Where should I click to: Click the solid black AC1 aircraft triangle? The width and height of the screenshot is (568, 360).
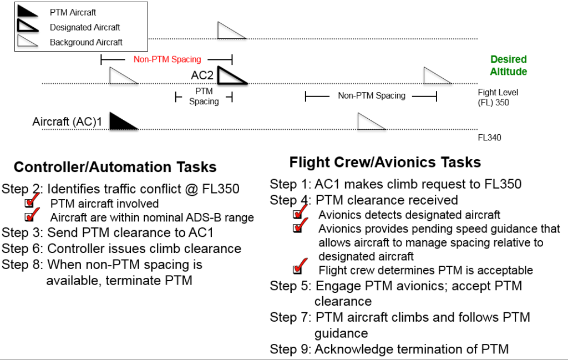tap(121, 121)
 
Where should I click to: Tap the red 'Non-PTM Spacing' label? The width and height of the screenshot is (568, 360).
tap(167, 59)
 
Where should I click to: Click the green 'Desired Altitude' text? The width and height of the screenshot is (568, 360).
tap(508, 65)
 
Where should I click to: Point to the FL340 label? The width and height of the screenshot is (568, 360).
tap(489, 137)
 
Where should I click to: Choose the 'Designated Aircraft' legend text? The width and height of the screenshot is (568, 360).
tap(85, 27)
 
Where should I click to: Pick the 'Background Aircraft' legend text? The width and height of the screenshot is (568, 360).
tap(86, 42)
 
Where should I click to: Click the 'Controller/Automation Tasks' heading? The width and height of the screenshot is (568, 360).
tap(115, 167)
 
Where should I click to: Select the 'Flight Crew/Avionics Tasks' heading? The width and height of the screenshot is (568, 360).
tap(385, 162)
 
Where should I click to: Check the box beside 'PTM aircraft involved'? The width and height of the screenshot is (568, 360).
tap(29, 204)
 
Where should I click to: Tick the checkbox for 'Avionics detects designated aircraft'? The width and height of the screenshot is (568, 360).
tap(298, 215)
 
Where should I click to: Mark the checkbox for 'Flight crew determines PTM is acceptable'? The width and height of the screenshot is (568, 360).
tap(298, 270)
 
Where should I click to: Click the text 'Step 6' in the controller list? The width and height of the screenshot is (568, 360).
tap(22, 249)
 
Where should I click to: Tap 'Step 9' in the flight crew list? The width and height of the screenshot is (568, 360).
tap(290, 349)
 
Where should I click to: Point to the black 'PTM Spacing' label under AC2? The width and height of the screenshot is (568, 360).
tap(204, 96)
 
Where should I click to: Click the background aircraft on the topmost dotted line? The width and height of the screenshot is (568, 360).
tap(230, 31)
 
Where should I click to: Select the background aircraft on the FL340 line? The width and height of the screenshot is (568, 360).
tap(370, 121)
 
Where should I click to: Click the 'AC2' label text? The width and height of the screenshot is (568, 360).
tap(202, 75)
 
